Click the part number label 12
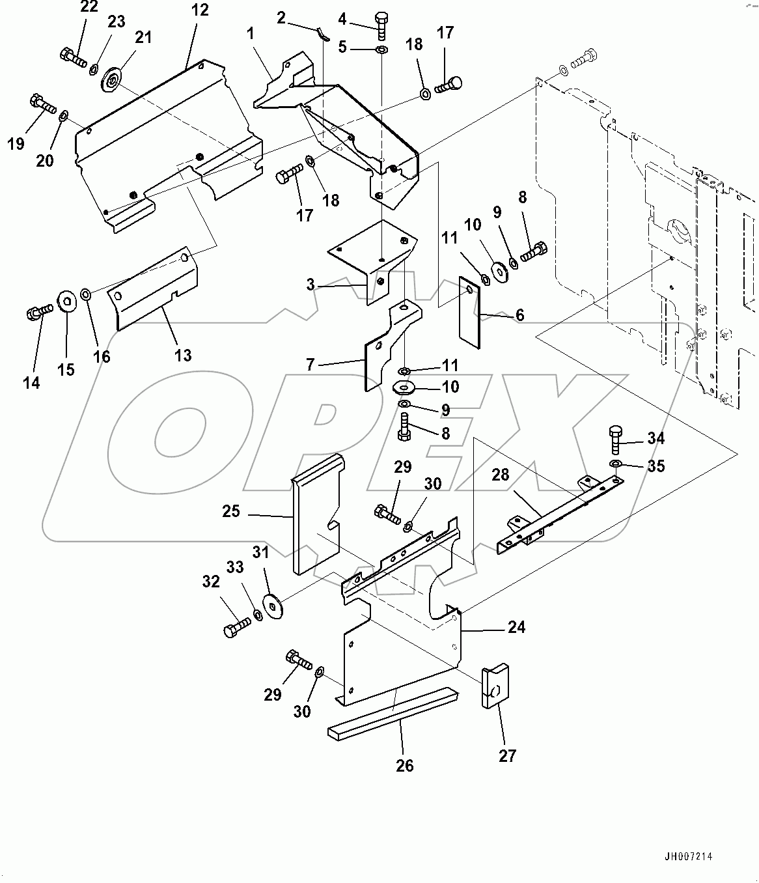click(x=200, y=10)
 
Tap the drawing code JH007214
click(x=688, y=857)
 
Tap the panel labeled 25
click(x=316, y=514)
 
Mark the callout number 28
click(x=500, y=475)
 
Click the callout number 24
click(x=516, y=627)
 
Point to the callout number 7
click(x=310, y=365)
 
